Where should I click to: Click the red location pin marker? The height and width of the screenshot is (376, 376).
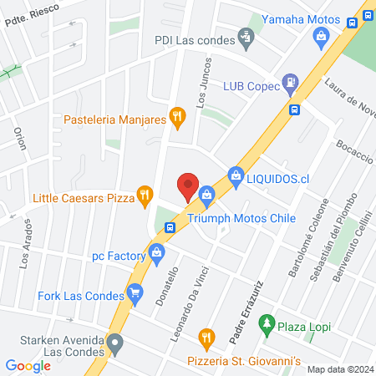tap(187, 185)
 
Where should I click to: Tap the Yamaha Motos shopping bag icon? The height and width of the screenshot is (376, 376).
tap(320, 36)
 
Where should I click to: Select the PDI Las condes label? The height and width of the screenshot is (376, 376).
tap(196, 39)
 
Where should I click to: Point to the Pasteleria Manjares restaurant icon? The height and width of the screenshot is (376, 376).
tap(176, 116)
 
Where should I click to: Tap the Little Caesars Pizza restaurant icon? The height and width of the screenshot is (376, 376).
tap(145, 197)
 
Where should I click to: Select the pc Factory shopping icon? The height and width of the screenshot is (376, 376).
tap(155, 252)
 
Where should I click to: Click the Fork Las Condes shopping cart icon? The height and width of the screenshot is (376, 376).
tap(135, 292)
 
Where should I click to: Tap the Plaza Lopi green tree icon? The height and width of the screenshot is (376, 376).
tap(267, 322)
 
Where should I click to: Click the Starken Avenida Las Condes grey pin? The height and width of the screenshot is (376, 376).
tap(116, 343)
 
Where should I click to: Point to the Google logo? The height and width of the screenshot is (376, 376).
tap(28, 365)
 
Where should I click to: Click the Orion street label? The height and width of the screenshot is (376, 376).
tap(21, 137)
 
